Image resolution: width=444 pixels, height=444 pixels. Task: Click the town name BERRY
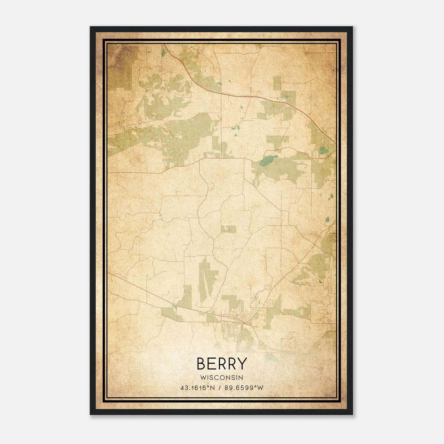click(221, 364)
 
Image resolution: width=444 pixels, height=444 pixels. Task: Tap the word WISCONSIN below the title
click(221, 378)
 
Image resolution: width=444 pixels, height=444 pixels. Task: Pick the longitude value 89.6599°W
click(244, 388)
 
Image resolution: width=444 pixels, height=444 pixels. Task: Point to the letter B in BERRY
click(201, 364)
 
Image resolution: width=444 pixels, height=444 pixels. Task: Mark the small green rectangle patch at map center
click(228, 229)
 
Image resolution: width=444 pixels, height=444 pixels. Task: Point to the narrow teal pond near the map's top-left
click(163, 52)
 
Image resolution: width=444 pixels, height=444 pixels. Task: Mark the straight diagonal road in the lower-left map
click(155, 292)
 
